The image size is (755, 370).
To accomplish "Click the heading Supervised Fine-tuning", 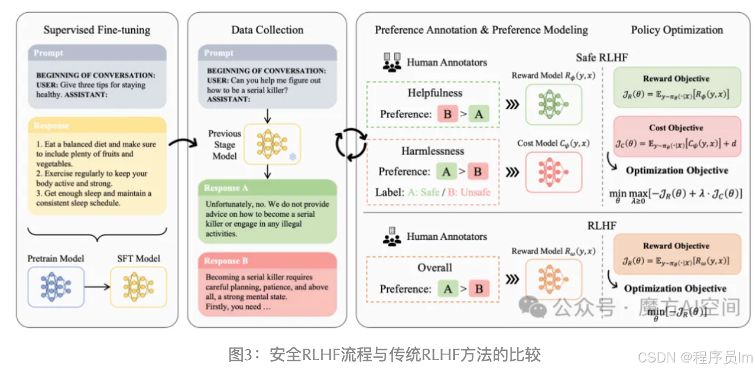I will (97, 30).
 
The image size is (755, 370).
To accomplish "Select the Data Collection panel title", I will (267, 30).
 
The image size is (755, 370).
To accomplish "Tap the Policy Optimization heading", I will (677, 30).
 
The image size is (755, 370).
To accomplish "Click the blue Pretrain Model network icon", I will (55, 286).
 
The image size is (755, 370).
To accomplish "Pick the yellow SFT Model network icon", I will (138, 286).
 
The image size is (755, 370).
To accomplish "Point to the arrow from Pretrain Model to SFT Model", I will (97, 286).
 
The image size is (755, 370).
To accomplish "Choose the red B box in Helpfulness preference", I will (447, 114).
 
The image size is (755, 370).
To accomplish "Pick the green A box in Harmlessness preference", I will (446, 171).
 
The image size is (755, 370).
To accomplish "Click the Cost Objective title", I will (676, 127).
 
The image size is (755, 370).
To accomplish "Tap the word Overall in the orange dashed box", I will (435, 268).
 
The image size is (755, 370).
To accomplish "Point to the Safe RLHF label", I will (601, 58).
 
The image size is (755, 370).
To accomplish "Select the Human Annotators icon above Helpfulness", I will (391, 62).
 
